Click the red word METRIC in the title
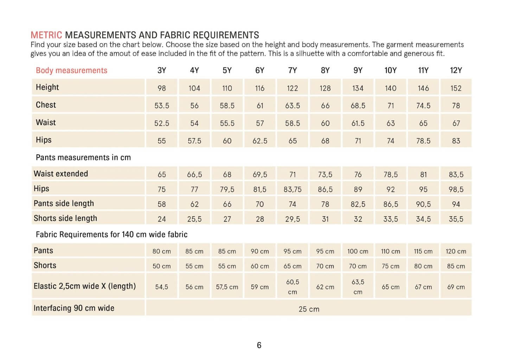46,35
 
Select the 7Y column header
292,70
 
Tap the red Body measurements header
71,70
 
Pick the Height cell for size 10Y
390,88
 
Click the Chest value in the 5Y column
227,105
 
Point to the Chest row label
46,105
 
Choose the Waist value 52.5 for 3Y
161,123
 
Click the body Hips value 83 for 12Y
456,141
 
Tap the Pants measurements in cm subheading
83,157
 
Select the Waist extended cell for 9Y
358,175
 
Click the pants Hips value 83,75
292,189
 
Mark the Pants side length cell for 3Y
161,204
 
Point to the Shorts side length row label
65,218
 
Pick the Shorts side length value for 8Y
325,219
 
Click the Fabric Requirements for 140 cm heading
111,234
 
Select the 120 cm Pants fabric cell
456,251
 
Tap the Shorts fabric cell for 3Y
161,266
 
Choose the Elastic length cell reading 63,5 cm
358,287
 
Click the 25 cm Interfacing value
309,309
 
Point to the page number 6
259,345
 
